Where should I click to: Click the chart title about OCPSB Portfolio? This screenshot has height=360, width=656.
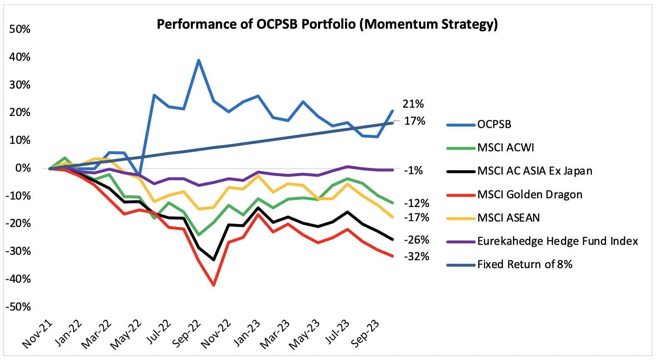(327, 24)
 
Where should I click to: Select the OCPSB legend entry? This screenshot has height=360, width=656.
(494, 124)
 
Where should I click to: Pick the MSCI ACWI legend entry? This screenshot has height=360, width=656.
(506, 148)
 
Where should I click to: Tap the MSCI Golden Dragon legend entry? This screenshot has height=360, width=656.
(530, 195)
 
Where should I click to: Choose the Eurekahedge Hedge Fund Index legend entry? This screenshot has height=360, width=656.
(557, 241)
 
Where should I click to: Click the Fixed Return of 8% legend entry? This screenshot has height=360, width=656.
(525, 264)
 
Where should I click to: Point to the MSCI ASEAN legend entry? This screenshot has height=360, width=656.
(508, 218)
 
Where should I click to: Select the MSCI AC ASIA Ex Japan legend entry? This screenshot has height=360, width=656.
(535, 171)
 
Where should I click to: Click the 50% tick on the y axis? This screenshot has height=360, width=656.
(20, 30)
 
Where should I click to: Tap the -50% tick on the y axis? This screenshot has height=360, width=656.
(18, 307)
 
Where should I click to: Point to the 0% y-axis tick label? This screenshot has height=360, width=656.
(23, 168)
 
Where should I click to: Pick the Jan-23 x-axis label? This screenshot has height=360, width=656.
(247, 334)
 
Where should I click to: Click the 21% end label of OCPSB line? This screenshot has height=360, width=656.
(413, 104)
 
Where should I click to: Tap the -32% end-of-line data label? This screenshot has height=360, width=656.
(417, 257)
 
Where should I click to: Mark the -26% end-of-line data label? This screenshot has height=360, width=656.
(417, 240)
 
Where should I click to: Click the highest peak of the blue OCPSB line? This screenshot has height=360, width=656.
(199, 60)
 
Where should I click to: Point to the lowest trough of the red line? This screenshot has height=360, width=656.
(214, 285)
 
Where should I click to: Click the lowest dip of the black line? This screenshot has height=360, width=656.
(214, 260)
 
